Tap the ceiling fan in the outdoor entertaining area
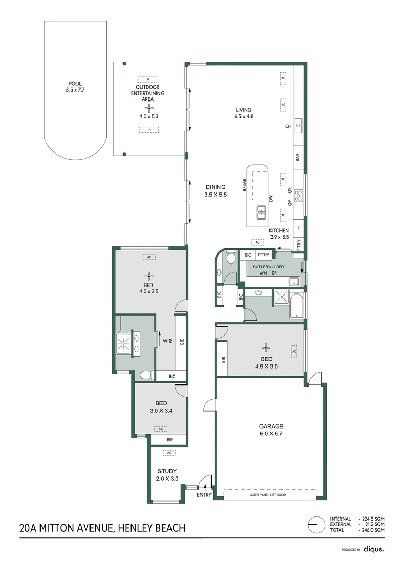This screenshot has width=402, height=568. click(x=150, y=108)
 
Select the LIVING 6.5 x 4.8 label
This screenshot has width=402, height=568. click(x=244, y=113)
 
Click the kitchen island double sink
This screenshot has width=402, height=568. click(x=262, y=212)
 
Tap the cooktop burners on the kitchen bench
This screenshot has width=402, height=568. click(x=298, y=196)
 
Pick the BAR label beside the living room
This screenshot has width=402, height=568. click(x=297, y=157)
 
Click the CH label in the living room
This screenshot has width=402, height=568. click(x=288, y=126)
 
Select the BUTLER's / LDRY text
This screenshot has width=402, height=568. click(x=268, y=267)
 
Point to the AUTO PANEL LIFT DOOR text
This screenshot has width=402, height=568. click(x=268, y=494)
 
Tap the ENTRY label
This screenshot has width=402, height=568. click(x=204, y=495)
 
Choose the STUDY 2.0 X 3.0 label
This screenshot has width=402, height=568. click(x=167, y=475)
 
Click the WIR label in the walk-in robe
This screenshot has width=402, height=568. click(x=167, y=341)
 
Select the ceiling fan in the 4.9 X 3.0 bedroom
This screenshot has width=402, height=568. click(x=267, y=347)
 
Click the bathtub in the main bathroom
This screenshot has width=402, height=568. click(x=296, y=305)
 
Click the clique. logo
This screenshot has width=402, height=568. click(x=374, y=549)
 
